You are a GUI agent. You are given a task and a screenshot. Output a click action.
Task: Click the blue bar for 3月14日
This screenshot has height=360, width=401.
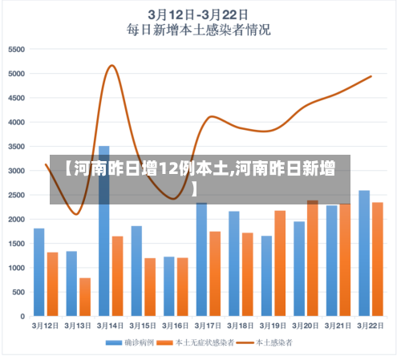click(x=104, y=233)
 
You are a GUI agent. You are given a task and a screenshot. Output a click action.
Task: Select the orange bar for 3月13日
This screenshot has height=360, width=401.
click(x=85, y=297)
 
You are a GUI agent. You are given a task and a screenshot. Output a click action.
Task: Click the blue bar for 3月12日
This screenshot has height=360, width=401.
click(x=39, y=273)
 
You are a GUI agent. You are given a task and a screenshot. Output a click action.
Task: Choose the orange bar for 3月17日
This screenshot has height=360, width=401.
click(x=215, y=273)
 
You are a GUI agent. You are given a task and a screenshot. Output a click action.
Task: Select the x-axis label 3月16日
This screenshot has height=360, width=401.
click(x=176, y=326)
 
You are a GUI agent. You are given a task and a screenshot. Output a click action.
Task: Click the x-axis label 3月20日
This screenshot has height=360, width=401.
click(x=306, y=326)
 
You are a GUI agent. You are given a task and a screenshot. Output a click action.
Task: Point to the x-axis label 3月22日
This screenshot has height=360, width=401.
click(x=371, y=326)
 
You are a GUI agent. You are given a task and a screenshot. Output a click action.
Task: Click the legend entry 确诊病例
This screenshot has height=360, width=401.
click(x=131, y=343)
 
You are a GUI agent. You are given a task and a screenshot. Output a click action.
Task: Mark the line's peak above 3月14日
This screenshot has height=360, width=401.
click(x=111, y=66)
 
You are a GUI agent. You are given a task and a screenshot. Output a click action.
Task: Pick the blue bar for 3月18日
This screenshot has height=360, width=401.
click(x=234, y=264)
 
